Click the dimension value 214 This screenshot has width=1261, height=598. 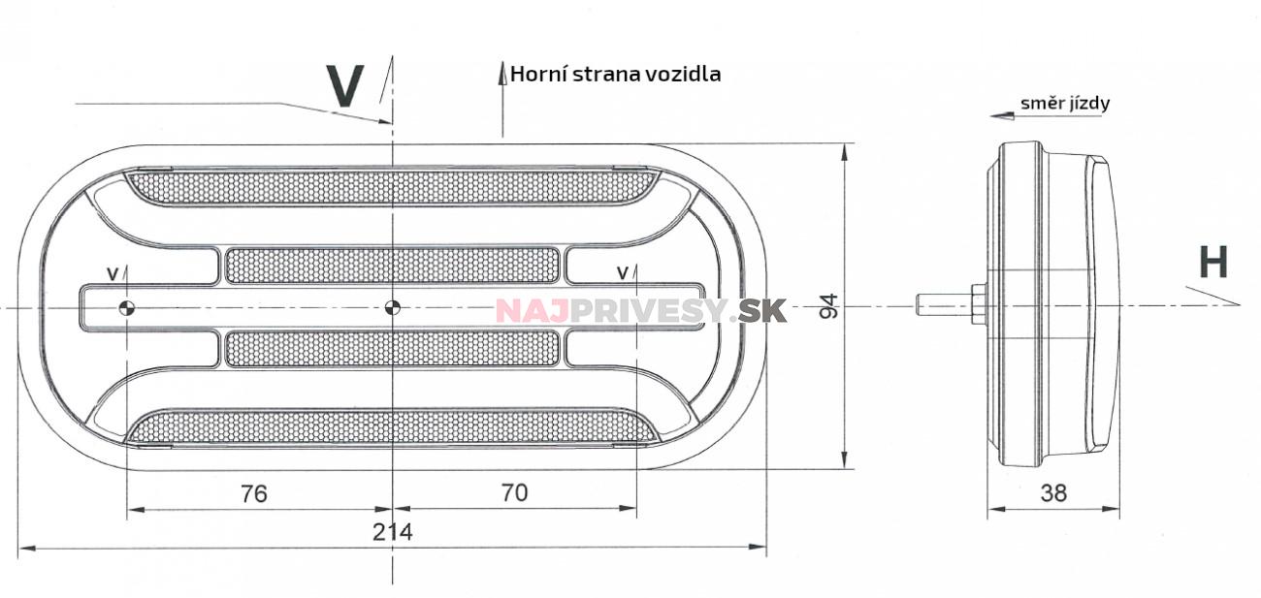[393, 532]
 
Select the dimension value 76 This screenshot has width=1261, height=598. [253, 493]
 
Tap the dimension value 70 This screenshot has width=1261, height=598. [515, 492]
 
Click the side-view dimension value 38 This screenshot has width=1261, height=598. [1052, 492]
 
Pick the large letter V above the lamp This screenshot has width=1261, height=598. [345, 86]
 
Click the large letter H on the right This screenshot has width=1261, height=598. [1212, 263]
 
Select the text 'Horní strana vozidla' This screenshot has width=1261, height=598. [615, 74]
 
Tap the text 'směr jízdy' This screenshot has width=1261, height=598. [1064, 103]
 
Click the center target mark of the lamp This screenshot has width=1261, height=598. [392, 308]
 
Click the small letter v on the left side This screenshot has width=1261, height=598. [113, 274]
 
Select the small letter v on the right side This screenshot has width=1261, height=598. [622, 273]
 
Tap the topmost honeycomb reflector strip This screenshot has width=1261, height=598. [392, 187]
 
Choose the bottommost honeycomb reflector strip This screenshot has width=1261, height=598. [392, 427]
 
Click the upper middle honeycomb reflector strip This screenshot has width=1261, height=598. [392, 266]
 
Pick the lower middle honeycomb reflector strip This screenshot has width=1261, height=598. [392, 349]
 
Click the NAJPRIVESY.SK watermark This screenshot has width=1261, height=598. [640, 310]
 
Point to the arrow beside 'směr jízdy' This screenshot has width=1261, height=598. [1002, 115]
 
